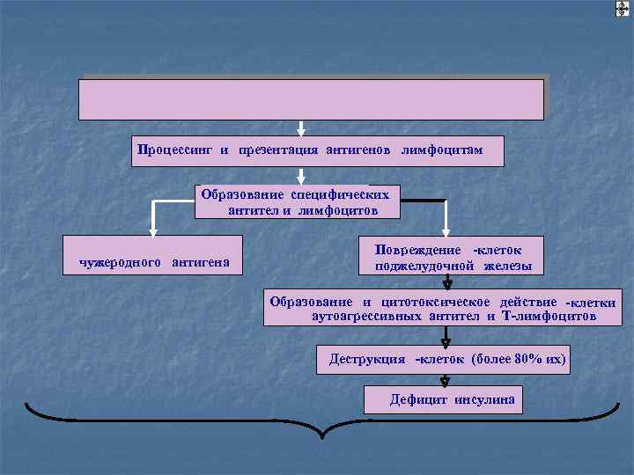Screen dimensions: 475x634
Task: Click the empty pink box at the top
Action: coord(312,99)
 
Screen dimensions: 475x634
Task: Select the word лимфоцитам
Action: coord(442,150)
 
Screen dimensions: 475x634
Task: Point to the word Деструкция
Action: coord(367,359)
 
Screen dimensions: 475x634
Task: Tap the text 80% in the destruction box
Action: coord(520,359)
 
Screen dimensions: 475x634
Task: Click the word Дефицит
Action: coord(419,400)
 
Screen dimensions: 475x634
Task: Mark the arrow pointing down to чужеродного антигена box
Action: coord(153,219)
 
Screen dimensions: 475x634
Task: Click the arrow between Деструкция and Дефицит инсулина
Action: coord(446,379)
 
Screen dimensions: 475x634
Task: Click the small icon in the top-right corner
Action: coord(622,9)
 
